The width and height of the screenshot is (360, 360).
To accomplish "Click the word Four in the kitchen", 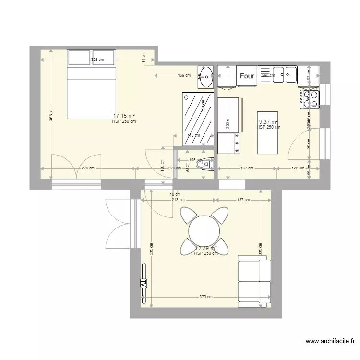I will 247,76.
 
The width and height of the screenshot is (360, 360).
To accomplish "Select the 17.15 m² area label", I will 124,116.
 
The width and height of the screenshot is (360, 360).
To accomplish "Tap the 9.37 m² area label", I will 268,122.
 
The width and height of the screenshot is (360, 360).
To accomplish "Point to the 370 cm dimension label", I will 206,297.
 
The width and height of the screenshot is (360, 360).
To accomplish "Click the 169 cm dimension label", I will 184,75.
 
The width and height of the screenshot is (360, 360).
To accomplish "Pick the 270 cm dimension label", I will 88,168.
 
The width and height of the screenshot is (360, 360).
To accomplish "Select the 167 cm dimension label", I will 247,168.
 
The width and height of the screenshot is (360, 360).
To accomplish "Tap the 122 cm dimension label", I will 298,168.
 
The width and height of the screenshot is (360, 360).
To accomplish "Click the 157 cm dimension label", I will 243,200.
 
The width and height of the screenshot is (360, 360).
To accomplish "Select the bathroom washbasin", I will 207,76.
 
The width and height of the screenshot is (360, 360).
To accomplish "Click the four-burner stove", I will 310,99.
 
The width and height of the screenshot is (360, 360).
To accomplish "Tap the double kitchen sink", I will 285,73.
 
